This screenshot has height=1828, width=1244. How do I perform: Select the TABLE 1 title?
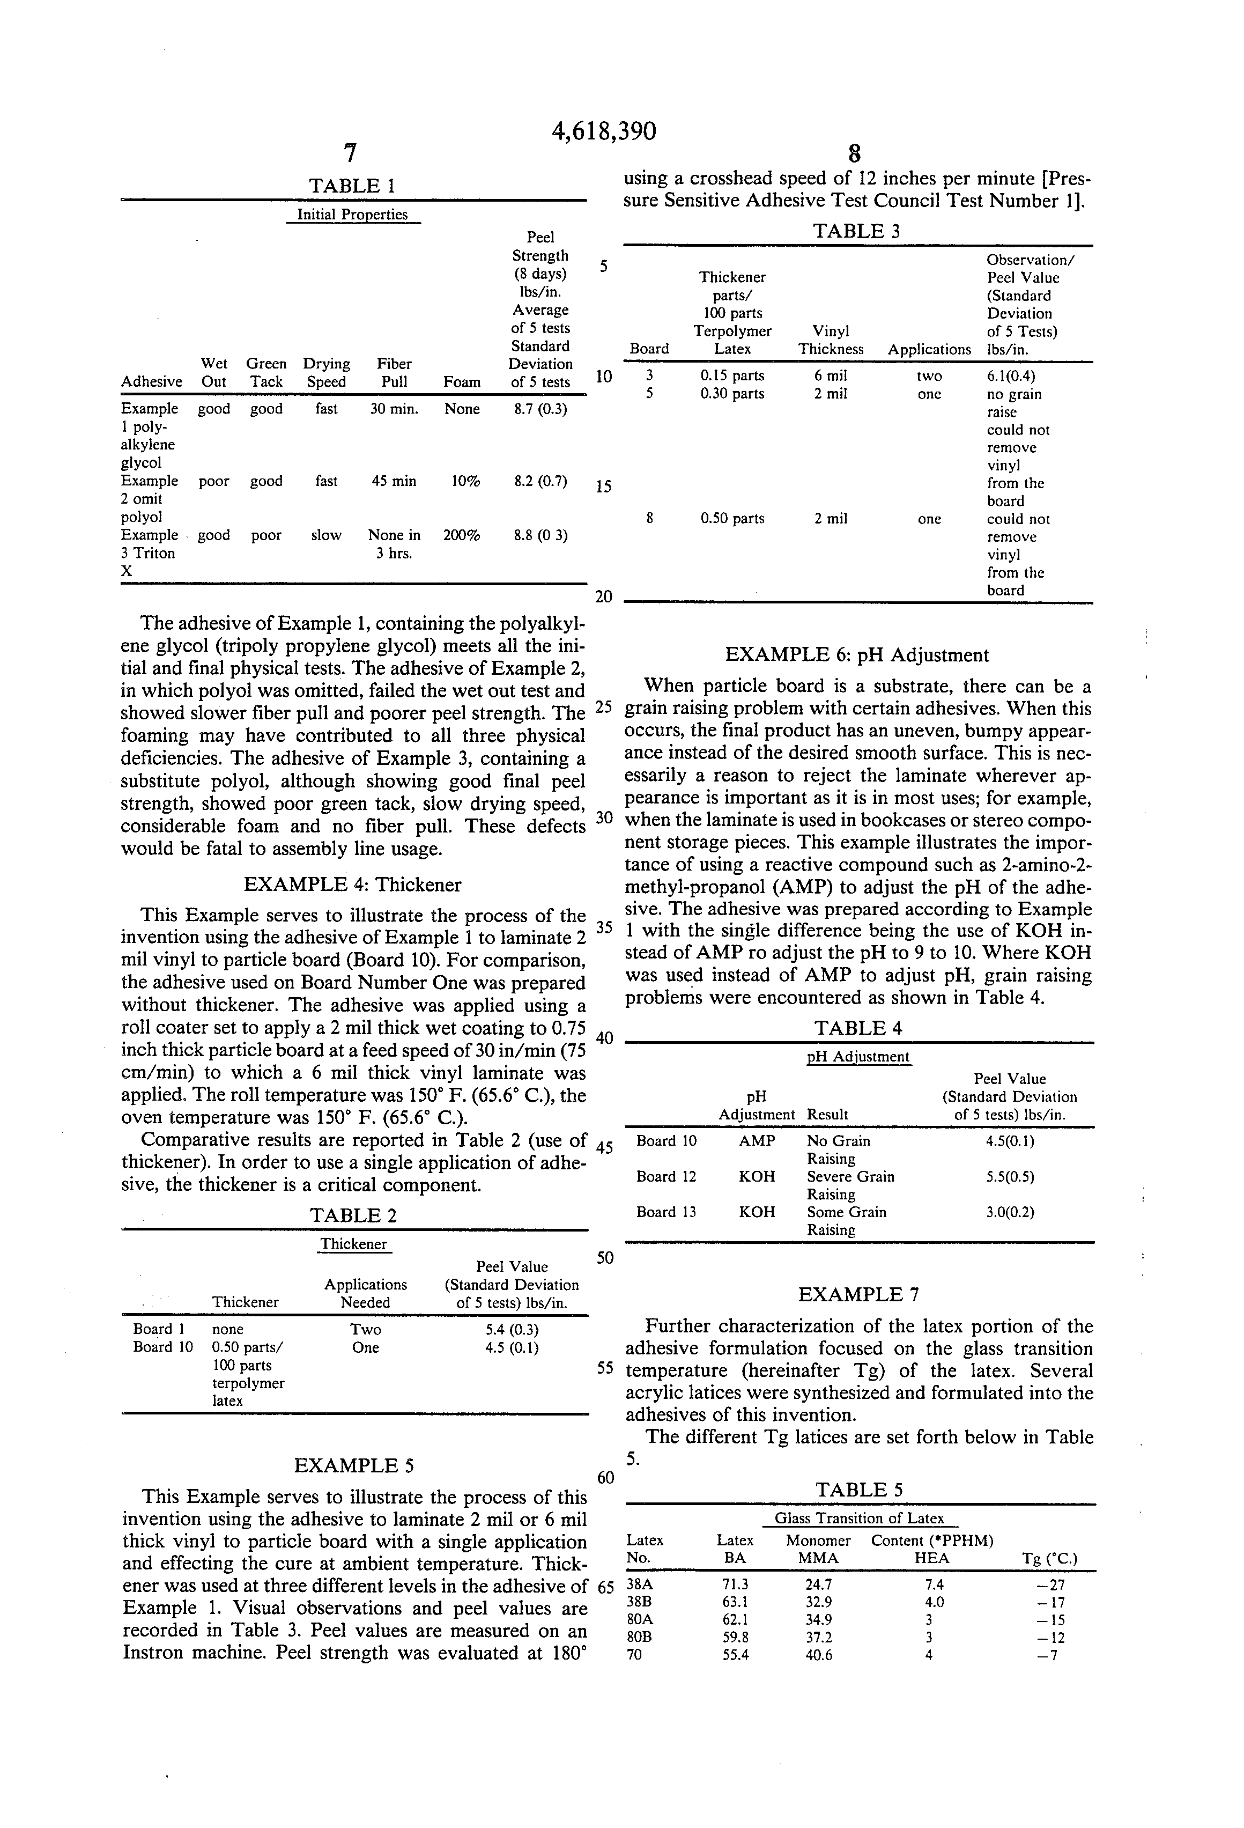352,187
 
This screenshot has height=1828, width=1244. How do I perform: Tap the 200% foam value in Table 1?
462,536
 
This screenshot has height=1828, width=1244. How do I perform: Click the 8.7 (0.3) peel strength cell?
540,409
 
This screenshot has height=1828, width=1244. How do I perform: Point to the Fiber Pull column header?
394,373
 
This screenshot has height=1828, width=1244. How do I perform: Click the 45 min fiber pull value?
394,481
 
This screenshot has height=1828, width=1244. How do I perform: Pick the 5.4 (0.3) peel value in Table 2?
512,1329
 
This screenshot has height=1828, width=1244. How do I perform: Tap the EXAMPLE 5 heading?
353,1465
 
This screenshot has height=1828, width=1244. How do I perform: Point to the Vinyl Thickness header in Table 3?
831,341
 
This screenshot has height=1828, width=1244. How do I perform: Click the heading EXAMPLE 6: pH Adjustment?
856,655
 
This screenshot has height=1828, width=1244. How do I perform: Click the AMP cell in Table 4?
757,1140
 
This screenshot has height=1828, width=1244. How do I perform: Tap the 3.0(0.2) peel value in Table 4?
1010,1212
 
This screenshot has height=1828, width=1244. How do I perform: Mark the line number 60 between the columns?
605,1477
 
